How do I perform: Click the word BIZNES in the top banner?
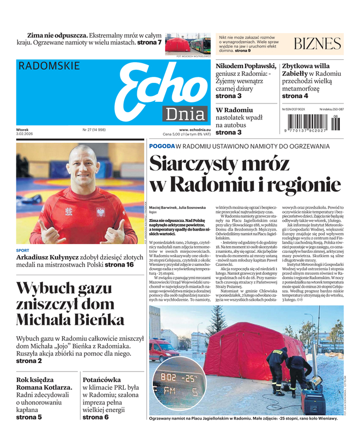[x=317, y=44]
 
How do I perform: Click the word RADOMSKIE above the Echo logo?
[x=49, y=66]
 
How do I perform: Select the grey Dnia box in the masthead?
[x=185, y=114]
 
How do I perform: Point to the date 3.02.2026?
[x=26, y=135]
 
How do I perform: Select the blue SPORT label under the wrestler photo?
[x=23, y=250]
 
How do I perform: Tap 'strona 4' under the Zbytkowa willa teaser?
[x=295, y=96]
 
